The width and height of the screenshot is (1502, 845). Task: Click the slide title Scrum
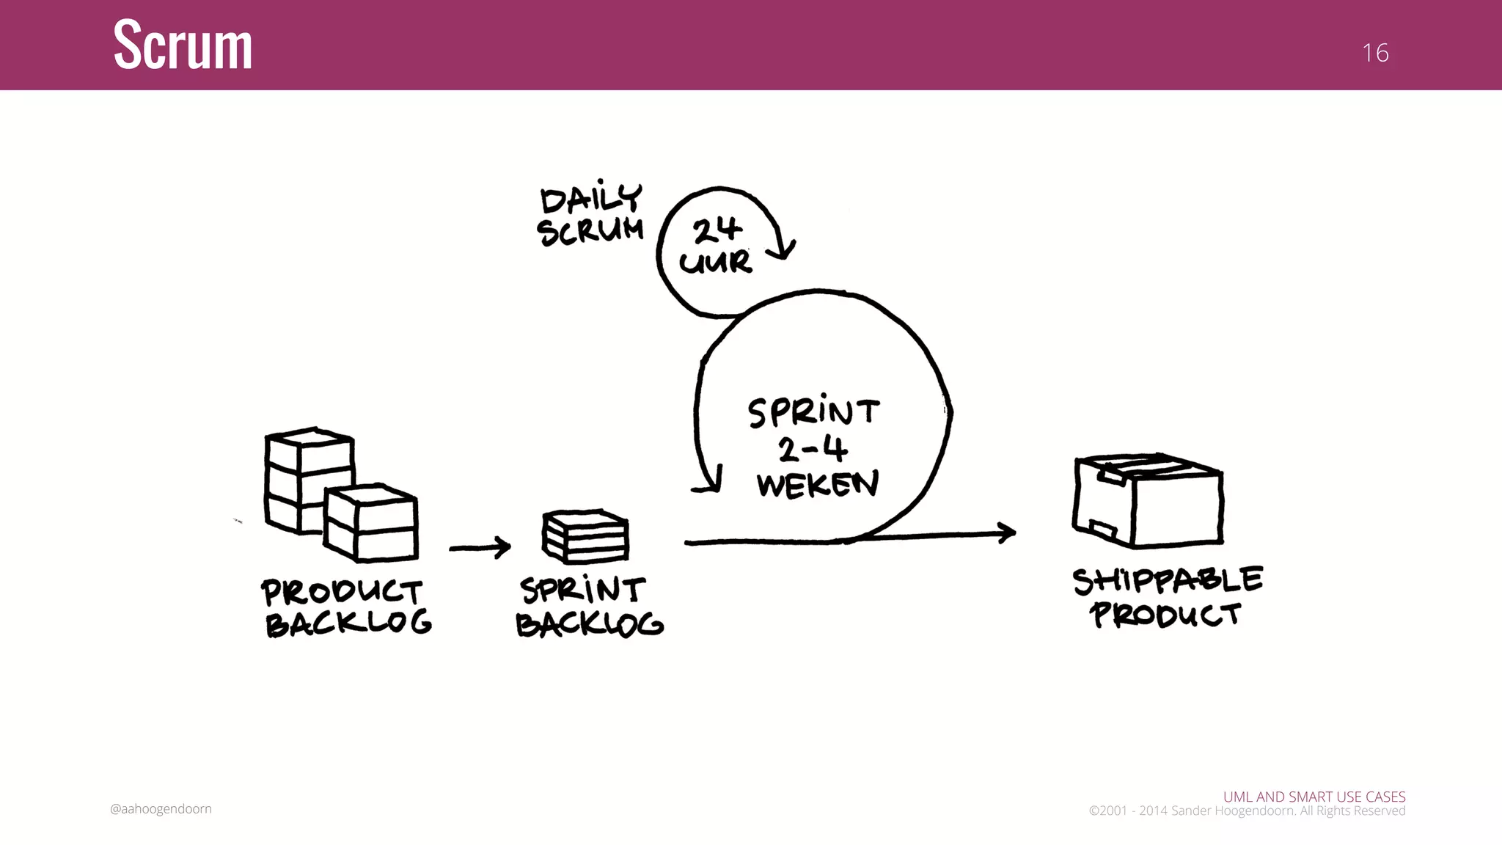click(183, 45)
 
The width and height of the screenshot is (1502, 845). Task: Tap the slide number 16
click(1375, 53)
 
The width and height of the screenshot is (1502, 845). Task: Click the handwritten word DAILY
click(591, 198)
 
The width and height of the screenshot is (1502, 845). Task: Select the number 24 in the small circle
click(717, 230)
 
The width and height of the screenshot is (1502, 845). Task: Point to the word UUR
click(715, 262)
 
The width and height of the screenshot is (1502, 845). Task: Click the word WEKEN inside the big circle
click(817, 484)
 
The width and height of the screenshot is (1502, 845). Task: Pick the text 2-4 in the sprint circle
click(813, 448)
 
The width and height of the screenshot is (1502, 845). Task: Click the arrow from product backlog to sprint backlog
click(480, 547)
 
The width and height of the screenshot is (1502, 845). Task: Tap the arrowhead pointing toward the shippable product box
click(1007, 533)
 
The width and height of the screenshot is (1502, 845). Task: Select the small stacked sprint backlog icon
click(585, 535)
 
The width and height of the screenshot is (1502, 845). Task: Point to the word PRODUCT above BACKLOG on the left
click(342, 591)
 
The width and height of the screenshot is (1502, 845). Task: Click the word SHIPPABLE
click(1167, 580)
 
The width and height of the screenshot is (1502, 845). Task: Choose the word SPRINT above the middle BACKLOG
click(583, 590)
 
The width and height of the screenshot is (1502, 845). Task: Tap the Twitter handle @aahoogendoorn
click(161, 809)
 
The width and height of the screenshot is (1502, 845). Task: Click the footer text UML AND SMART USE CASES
click(1314, 797)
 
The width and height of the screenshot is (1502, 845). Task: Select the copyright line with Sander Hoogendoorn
click(1247, 811)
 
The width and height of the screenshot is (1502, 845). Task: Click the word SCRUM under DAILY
click(590, 231)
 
